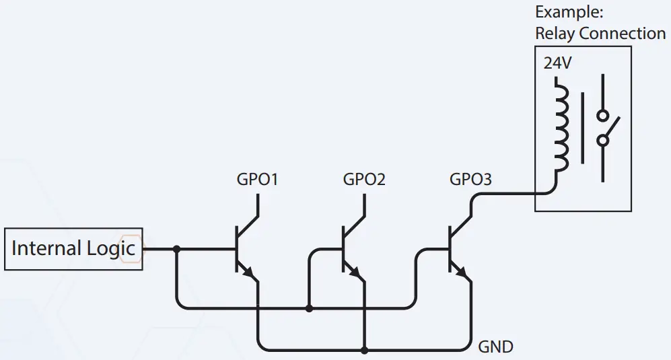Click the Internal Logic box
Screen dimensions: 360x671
[x=73, y=248]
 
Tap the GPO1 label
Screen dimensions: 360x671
[x=257, y=180]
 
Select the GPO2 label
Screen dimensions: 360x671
[x=364, y=180]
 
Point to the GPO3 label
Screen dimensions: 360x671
[x=470, y=180]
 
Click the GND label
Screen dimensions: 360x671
[x=495, y=347]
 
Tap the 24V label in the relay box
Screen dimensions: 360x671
[x=557, y=64]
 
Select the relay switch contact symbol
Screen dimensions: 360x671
[x=605, y=128]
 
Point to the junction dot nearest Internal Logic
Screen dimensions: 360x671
[x=177, y=249]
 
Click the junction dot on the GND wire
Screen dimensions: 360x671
[x=364, y=350]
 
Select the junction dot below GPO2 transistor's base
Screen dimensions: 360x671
[x=309, y=308]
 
